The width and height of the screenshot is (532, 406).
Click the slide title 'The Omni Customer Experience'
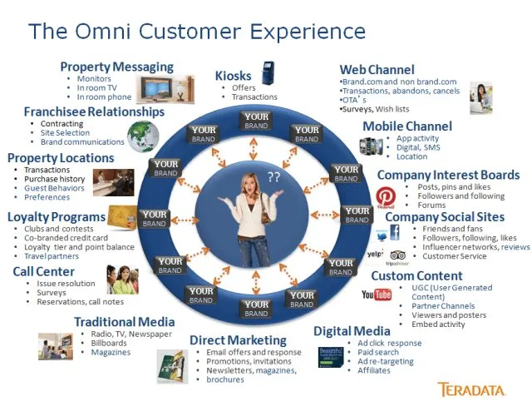point(197,32)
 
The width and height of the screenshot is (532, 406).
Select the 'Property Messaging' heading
point(116,67)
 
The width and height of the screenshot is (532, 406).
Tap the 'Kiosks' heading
point(233,76)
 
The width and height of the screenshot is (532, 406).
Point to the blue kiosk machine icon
point(268,74)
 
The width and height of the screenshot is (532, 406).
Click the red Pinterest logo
point(385,196)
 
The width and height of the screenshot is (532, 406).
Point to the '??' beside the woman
point(273,176)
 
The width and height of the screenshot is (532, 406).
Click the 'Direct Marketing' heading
point(238,340)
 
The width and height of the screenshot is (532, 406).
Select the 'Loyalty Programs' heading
point(57,217)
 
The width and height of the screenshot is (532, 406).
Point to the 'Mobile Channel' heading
point(407,126)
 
